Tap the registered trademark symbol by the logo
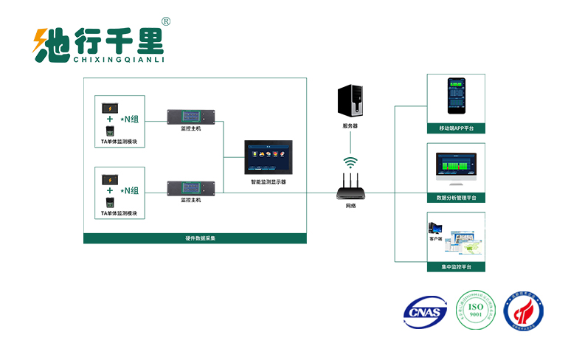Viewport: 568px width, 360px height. coord(165,22)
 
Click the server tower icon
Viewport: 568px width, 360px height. coord(350,101)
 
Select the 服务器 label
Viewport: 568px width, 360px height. coord(350,126)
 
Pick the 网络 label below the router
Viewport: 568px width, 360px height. coord(350,206)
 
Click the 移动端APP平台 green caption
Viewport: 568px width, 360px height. coord(456,128)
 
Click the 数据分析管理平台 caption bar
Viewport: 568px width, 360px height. coord(456,198)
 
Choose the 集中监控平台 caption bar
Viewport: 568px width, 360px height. coord(456,266)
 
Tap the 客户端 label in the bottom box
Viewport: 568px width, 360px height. coord(435,238)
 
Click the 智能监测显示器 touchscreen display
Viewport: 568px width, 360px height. coord(268,157)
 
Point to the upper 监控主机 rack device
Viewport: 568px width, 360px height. coord(190,116)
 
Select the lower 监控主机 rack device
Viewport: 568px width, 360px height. coord(190,189)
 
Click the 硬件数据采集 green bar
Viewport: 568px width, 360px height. coord(195,238)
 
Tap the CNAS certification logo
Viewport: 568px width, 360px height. coord(425,311)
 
